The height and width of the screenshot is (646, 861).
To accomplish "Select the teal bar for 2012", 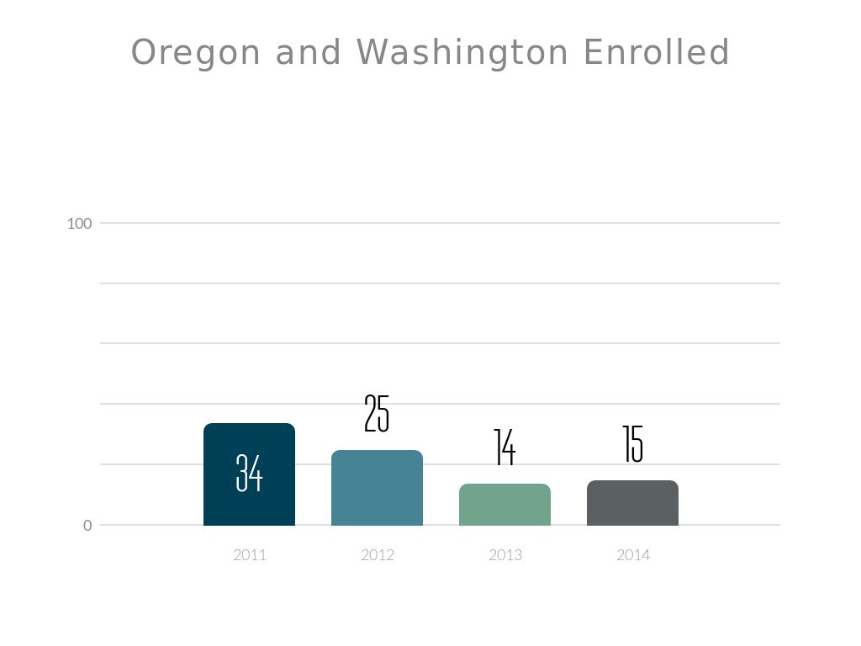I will click(x=377, y=488).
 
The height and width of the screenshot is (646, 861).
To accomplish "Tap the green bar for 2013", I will click(x=504, y=505).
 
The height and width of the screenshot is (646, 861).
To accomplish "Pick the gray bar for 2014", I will click(x=632, y=503).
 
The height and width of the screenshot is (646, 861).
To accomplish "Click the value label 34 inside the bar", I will click(x=249, y=473).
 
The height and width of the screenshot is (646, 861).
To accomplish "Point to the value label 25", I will click(x=377, y=414).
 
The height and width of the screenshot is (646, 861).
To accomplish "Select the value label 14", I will click(x=504, y=447).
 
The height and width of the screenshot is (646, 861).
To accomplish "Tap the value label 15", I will click(x=632, y=444).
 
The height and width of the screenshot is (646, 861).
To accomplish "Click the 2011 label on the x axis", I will click(x=250, y=555).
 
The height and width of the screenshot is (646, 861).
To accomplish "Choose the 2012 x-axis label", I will click(x=378, y=555).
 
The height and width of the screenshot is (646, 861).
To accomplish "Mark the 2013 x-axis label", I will click(x=505, y=555).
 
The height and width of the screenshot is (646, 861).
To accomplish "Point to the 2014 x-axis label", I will click(x=633, y=555).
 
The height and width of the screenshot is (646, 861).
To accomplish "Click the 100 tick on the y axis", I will click(x=79, y=223).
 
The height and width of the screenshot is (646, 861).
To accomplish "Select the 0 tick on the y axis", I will click(x=87, y=526).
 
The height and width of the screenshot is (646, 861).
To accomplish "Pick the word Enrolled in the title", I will click(x=656, y=52).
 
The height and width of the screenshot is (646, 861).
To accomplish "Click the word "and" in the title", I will click(x=309, y=52).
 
